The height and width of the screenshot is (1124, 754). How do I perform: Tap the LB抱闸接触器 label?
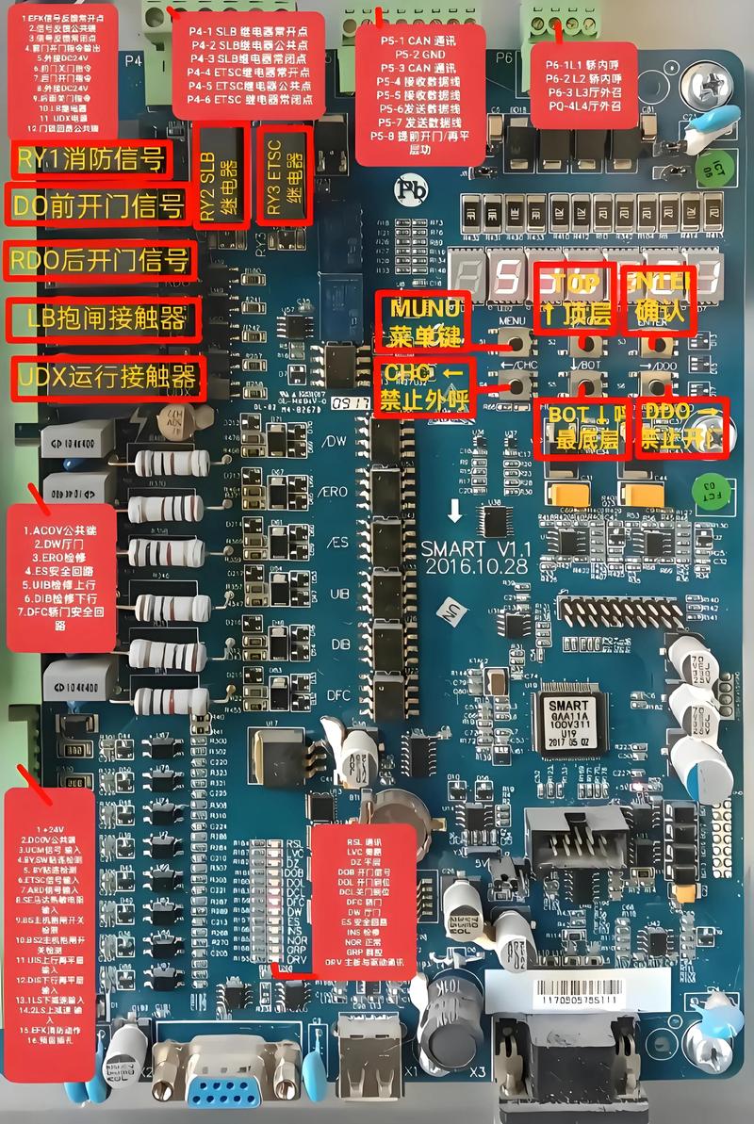(x=104, y=319)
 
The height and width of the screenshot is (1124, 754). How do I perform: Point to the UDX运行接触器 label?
(x=106, y=378)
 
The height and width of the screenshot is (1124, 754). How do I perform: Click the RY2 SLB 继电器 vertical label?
(x=221, y=175)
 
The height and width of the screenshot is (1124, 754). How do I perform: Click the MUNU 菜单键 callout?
(x=421, y=321)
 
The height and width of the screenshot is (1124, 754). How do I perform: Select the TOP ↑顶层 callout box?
(x=573, y=298)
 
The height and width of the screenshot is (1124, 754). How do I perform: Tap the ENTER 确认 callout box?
(x=657, y=298)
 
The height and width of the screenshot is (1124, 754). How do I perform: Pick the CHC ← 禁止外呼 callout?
(x=425, y=387)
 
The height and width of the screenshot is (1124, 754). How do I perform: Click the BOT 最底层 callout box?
(x=580, y=428)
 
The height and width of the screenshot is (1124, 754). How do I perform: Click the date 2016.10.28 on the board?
(x=477, y=566)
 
